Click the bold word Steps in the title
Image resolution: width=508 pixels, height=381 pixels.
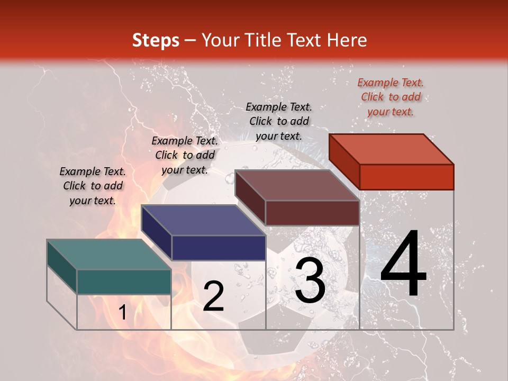point(156,41)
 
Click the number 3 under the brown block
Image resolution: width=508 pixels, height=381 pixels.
point(310,282)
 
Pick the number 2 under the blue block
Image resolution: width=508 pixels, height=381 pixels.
point(213,297)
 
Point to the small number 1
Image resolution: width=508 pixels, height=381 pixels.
point(122,313)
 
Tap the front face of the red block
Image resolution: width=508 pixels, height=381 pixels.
point(406,177)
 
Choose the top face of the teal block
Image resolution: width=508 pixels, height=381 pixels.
point(108,255)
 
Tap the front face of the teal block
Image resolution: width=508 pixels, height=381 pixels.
point(124,282)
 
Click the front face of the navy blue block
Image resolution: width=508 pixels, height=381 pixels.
point(219,248)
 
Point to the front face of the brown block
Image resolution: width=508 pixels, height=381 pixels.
point(312,213)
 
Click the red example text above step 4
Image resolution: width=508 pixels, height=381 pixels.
point(391,97)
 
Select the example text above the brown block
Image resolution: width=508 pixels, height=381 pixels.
point(279,121)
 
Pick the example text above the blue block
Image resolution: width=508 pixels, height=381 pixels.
point(185,155)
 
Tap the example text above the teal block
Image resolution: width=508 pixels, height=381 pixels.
point(93,186)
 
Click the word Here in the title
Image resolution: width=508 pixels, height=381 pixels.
point(347,41)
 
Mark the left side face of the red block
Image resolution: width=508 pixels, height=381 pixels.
point(344,162)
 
